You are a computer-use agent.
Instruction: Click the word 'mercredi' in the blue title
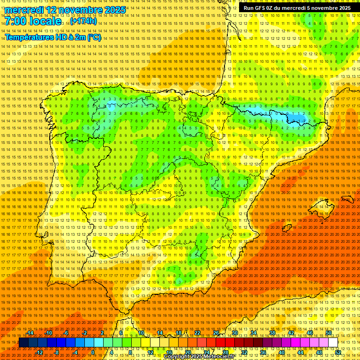[x=24, y=10]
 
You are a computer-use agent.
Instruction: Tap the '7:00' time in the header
[x=17, y=21]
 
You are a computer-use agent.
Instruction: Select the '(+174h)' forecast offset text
[x=83, y=21]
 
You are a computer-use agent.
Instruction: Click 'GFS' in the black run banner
[x=264, y=8]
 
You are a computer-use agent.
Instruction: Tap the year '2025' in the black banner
[x=341, y=8]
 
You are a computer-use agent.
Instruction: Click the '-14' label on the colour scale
[x=30, y=333]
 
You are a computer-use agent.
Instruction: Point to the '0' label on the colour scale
[x=93, y=352]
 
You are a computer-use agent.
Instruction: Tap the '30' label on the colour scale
[x=234, y=333]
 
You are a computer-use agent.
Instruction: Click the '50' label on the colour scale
[x=329, y=333]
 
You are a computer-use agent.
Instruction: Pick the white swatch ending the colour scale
[x=333, y=343]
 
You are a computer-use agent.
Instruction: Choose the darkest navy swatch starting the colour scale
[x=23, y=343]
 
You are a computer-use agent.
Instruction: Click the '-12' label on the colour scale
[x=39, y=352]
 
